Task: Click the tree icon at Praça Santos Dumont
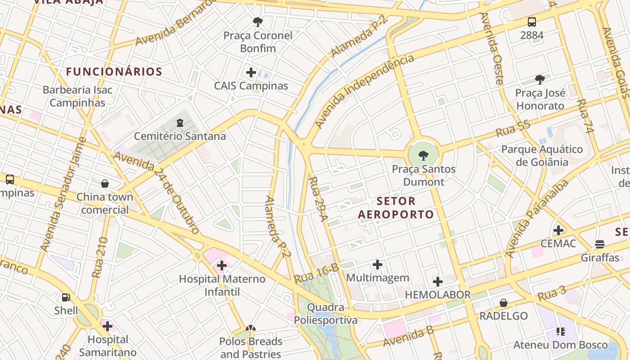point(423,156)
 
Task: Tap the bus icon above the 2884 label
point(532,22)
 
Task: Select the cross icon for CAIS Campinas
point(251,72)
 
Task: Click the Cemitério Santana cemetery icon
point(180,122)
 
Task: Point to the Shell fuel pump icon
point(66,297)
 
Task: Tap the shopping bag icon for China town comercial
point(105,184)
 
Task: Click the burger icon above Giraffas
point(600,244)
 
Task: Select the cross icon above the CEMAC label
point(558,230)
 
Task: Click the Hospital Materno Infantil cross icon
point(222,265)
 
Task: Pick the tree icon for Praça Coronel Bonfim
point(258,22)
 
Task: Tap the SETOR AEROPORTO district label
point(396,207)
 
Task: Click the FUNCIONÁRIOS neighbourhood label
point(114,72)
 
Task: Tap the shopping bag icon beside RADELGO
point(504,303)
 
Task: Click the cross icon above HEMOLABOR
point(438,282)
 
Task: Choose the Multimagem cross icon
point(378,265)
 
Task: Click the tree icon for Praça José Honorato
point(540,80)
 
